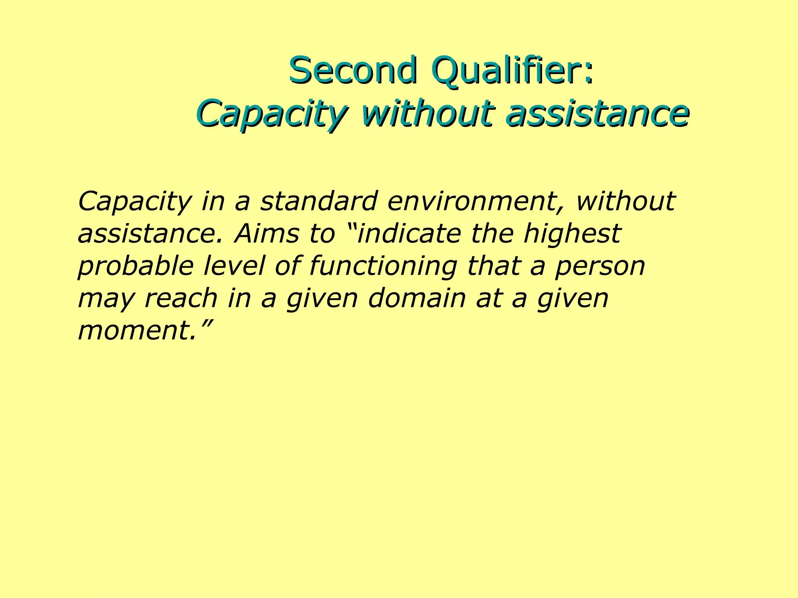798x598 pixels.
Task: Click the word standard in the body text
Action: [318, 201]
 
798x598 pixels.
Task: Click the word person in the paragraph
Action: [600, 267]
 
